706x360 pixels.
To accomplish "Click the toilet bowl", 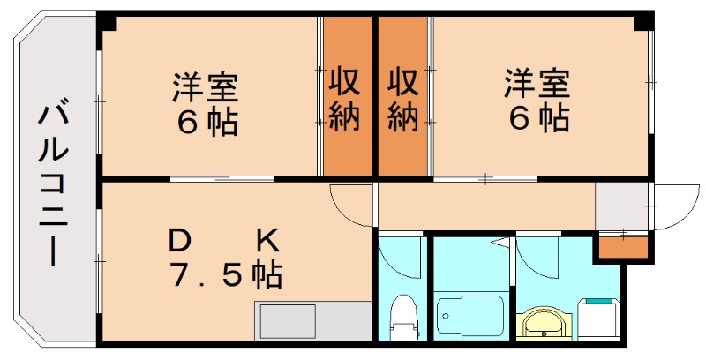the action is click(402, 318).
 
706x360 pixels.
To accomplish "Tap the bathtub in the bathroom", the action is click(470, 315).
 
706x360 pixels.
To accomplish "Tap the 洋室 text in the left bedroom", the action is click(206, 86).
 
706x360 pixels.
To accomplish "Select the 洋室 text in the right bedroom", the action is click(537, 83).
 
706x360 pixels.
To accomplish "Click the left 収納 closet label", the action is click(345, 100).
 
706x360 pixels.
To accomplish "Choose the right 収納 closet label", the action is click(403, 100).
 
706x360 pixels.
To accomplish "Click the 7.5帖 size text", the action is click(226, 274).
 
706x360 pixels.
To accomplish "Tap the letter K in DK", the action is click(268, 242).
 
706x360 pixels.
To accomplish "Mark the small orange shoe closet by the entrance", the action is click(623, 247).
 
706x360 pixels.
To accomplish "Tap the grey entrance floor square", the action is click(622, 206).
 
